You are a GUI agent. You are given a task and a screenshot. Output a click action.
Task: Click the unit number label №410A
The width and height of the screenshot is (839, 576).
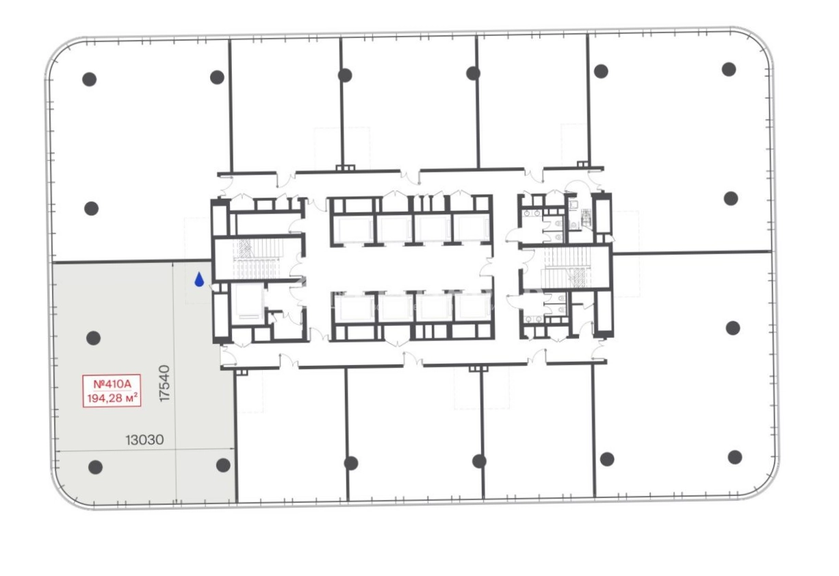(x=112, y=384)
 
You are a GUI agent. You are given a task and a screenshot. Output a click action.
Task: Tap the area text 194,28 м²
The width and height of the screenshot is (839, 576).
(x=112, y=397)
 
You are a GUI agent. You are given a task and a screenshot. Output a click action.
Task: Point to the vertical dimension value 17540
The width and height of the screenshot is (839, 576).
(x=164, y=384)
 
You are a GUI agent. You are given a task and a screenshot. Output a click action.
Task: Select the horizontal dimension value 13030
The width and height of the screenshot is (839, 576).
(x=144, y=440)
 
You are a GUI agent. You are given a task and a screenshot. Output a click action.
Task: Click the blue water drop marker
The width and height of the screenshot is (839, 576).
(x=199, y=279)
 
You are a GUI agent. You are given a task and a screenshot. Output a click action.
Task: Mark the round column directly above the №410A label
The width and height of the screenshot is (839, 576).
(x=93, y=338)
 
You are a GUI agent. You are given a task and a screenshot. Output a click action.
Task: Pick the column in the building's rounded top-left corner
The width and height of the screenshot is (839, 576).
(x=89, y=79)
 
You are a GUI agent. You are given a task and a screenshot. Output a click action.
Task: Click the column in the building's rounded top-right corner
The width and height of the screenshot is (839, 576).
(x=729, y=69)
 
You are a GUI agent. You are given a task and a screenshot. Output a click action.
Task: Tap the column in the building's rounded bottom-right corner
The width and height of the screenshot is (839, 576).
(x=735, y=458)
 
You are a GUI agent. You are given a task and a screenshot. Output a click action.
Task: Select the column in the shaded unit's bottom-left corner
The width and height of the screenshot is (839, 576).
(x=95, y=467)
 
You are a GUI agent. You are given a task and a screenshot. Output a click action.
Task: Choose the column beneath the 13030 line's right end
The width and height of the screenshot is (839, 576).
(x=223, y=466)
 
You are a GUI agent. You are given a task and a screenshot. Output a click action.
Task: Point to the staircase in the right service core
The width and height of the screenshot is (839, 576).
(x=568, y=267)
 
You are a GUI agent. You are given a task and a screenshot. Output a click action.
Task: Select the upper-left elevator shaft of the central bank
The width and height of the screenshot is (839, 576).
(x=354, y=229)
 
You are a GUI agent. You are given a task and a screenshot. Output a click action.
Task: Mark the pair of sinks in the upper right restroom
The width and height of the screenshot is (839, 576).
(x=532, y=213)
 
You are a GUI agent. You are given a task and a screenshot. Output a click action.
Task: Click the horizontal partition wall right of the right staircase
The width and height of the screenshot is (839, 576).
(x=691, y=253)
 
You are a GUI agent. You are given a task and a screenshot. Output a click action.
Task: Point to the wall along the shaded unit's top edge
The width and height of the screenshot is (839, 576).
(x=132, y=261)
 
